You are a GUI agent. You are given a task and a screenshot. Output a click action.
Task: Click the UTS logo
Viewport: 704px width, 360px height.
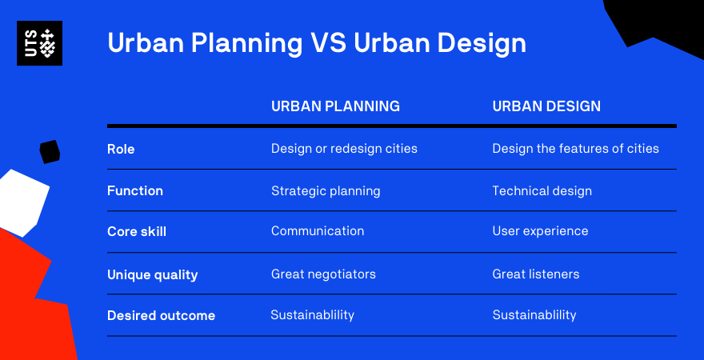[x=39, y=43]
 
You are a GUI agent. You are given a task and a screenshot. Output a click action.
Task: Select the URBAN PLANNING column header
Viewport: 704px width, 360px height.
[x=335, y=106]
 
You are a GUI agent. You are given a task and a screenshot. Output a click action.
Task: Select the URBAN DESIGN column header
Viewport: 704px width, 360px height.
[x=546, y=106]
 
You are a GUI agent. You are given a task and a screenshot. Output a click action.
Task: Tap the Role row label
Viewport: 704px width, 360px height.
[x=121, y=149]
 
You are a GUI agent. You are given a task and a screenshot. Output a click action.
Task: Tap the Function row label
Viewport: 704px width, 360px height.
[x=135, y=190]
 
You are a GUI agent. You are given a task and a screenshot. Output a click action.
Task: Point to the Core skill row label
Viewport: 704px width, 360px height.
[x=137, y=232]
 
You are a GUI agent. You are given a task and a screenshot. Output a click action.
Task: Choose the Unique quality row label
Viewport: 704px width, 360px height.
[x=152, y=274]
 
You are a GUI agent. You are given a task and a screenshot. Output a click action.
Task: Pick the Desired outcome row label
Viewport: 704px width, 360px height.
[x=161, y=315]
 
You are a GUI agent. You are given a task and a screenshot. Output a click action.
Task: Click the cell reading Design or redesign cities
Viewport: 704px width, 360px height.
[x=344, y=149]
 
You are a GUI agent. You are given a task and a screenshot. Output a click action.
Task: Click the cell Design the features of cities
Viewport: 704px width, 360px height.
[x=575, y=149]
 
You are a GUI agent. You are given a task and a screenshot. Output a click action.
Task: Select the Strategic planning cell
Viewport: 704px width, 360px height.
[x=326, y=191]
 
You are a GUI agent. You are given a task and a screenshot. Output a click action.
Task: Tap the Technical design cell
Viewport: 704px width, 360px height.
[x=542, y=191]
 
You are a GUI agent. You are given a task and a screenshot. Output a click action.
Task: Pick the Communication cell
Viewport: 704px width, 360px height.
[x=318, y=231]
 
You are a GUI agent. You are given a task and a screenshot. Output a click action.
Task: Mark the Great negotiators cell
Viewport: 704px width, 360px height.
[x=323, y=274]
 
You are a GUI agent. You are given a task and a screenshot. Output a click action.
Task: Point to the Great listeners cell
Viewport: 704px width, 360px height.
[x=536, y=274]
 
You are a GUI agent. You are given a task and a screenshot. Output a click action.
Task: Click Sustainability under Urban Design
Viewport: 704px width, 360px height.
[x=534, y=315]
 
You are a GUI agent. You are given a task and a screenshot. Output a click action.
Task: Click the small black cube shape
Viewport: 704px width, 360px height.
[x=50, y=152]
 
